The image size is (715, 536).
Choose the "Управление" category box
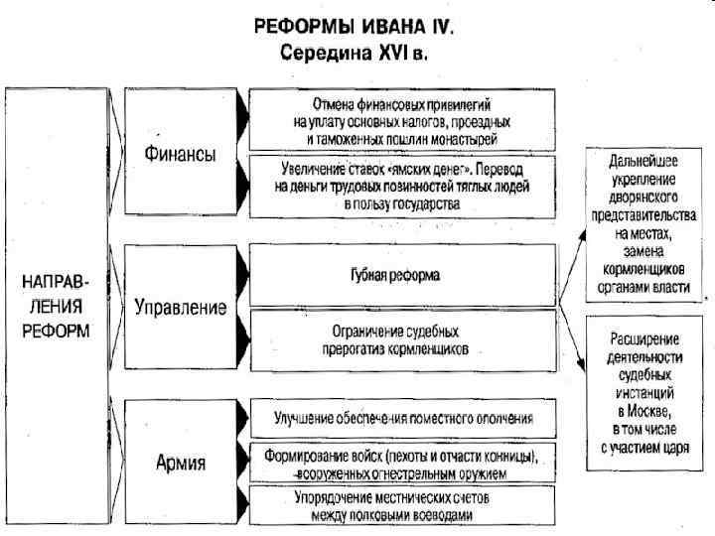[x=180, y=307]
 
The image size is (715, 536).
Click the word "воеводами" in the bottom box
[x=439, y=514]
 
